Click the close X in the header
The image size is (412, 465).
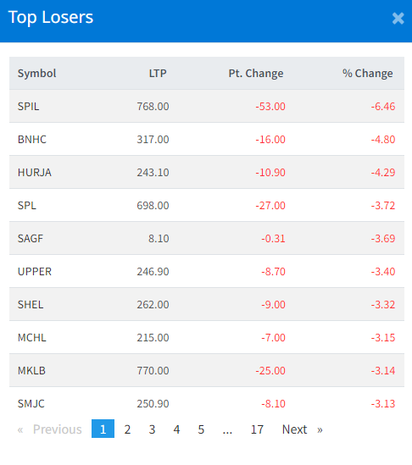tap(398, 18)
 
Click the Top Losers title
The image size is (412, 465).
tap(51, 18)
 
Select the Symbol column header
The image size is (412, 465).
tap(36, 73)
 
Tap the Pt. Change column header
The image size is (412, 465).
tap(256, 73)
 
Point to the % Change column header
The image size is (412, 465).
tap(367, 73)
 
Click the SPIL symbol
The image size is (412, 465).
tap(28, 106)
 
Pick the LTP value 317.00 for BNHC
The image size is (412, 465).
tap(153, 140)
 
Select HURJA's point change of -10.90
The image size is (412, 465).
tap(270, 172)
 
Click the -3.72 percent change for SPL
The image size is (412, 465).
tap(383, 205)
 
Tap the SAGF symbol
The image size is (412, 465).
tap(31, 239)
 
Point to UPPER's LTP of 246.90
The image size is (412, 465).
tap(153, 271)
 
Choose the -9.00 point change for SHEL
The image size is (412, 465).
tap(273, 305)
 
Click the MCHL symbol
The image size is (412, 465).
tap(31, 337)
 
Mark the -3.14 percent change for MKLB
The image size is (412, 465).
tap(383, 371)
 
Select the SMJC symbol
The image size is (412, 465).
tap(31, 404)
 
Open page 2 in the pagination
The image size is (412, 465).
tap(127, 429)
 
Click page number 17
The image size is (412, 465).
tap(257, 429)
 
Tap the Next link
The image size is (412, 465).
tap(294, 429)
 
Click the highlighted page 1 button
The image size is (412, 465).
tap(103, 429)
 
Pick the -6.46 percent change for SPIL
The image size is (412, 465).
tap(383, 106)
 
